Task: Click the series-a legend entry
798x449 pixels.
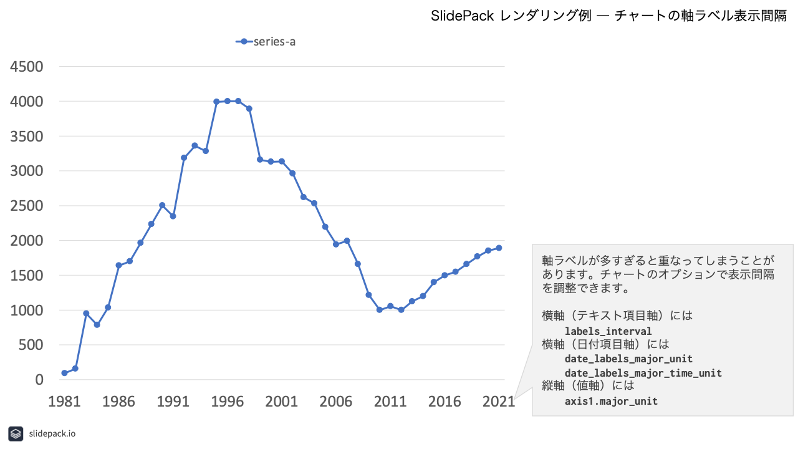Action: point(266,42)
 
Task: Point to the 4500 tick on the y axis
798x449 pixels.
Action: point(27,67)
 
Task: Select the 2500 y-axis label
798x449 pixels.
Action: point(27,206)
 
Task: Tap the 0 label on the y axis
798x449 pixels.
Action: point(39,380)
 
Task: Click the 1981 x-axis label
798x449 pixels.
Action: point(64,402)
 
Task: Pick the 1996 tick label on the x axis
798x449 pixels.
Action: point(228,402)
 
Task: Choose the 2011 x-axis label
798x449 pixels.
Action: point(390,402)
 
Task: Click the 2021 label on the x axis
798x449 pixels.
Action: point(499,402)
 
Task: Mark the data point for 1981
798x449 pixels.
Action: point(64,373)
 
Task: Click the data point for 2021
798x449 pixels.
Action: point(499,248)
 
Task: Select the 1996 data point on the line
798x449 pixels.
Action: point(228,101)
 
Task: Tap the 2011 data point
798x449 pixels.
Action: point(390,306)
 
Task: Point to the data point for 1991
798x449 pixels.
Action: point(173,216)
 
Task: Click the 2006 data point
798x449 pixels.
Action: point(336,244)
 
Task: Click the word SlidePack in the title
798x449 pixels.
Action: point(462,16)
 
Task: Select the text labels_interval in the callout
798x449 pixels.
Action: point(608,331)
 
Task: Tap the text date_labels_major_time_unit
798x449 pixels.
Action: point(643,373)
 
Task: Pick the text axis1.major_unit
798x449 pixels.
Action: point(611,401)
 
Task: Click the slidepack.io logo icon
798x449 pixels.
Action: point(16,433)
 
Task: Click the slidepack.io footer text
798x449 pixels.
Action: point(52,433)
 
